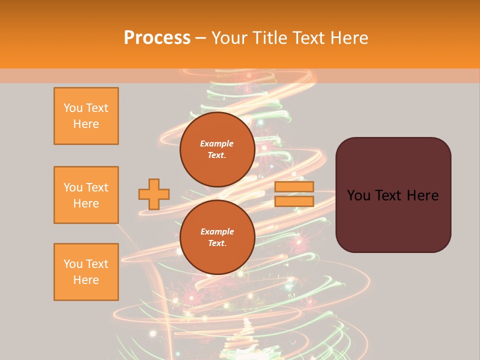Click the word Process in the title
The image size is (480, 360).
[157, 38]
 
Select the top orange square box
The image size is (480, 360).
[86, 116]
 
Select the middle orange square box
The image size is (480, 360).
[86, 195]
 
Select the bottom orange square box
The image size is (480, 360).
[86, 272]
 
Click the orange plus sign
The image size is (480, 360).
[154, 194]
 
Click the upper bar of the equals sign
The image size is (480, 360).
[294, 187]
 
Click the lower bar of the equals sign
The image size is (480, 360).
[294, 201]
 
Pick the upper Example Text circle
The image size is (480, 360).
[217, 149]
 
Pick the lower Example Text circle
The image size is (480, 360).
[217, 237]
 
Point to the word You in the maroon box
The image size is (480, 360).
[358, 195]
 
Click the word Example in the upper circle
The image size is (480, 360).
[217, 143]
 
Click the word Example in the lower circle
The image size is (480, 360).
[217, 231]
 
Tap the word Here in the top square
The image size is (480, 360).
[86, 124]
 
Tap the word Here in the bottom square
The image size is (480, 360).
[86, 280]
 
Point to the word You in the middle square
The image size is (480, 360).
[72, 187]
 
